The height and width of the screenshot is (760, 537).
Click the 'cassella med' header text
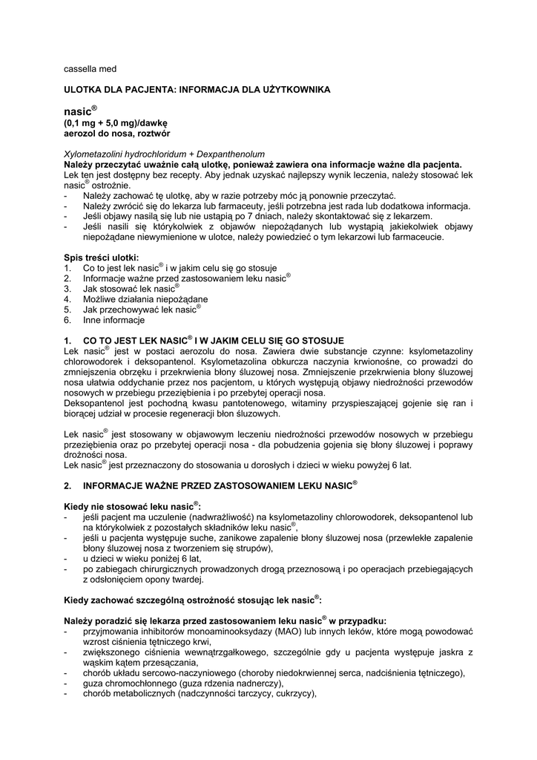[x=90, y=69]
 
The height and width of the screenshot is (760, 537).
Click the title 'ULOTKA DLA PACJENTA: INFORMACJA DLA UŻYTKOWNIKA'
[x=197, y=89]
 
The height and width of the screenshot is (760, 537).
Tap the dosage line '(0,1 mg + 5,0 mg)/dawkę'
[x=116, y=123]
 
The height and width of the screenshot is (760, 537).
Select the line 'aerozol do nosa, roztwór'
[x=116, y=134]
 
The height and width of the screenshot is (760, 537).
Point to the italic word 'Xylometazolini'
[x=92, y=154]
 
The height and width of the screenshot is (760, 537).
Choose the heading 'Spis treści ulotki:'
[x=101, y=258]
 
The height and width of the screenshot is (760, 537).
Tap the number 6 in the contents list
[x=67, y=320]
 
